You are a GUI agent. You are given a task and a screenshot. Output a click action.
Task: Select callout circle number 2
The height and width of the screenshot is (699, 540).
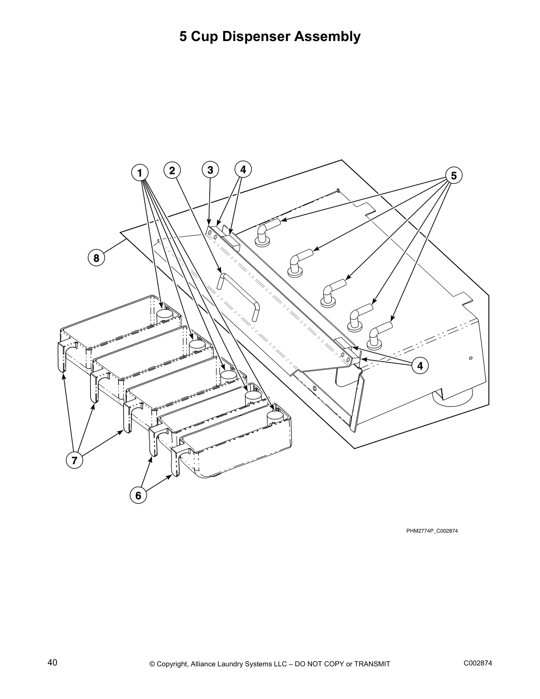[172, 170]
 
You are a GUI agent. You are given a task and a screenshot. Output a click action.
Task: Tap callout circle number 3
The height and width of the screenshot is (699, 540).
[210, 170]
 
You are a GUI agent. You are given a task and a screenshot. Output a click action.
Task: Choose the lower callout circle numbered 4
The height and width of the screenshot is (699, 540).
[420, 365]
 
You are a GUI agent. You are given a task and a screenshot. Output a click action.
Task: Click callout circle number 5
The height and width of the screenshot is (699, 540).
[454, 175]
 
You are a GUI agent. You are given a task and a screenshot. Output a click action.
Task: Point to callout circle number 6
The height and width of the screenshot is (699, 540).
[138, 496]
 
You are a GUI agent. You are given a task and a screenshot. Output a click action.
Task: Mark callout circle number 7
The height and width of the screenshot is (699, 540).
[74, 461]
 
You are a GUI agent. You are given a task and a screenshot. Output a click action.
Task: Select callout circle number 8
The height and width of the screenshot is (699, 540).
[96, 257]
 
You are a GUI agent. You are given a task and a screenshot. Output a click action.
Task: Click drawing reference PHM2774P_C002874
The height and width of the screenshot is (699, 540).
[432, 531]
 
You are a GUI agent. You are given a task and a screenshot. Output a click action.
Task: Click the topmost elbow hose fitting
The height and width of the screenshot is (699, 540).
[266, 232]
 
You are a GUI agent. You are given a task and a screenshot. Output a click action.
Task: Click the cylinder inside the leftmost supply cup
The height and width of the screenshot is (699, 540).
[165, 316]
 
